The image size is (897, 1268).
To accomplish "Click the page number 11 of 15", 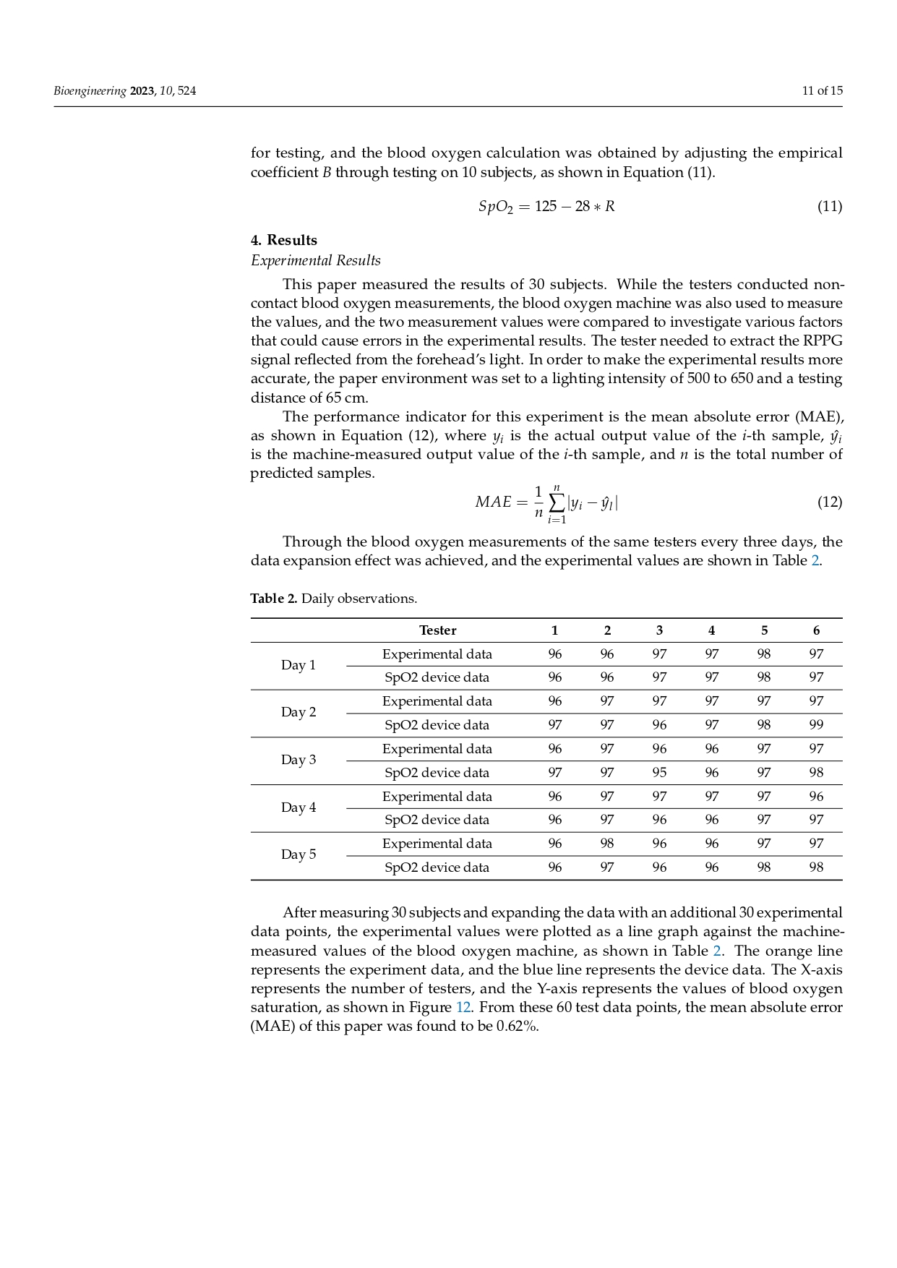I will [x=822, y=90].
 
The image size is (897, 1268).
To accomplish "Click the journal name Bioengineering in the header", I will [x=90, y=90].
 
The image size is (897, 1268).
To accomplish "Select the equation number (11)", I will [x=829, y=206].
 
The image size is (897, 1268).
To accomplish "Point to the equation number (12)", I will [x=829, y=502].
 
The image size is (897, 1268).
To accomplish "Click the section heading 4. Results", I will [x=284, y=240].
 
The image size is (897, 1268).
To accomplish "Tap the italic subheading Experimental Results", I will [x=316, y=260].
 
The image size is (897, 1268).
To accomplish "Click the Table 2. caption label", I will [x=274, y=599].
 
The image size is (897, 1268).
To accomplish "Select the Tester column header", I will [x=437, y=630].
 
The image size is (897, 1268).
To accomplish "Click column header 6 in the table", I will [x=816, y=630].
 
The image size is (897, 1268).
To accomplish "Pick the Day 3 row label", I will [x=299, y=760].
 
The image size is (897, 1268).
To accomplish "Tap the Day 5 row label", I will [x=299, y=854].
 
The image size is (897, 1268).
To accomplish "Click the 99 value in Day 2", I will [x=816, y=725].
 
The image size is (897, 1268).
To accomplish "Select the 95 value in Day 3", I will [x=659, y=772].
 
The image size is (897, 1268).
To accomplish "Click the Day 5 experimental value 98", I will [x=607, y=843].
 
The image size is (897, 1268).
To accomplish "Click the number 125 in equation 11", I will [x=546, y=206].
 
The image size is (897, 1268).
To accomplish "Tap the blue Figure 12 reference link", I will [x=463, y=1007].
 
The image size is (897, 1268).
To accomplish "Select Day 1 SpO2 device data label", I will [x=437, y=677].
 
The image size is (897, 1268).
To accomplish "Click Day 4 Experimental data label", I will [x=437, y=796].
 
